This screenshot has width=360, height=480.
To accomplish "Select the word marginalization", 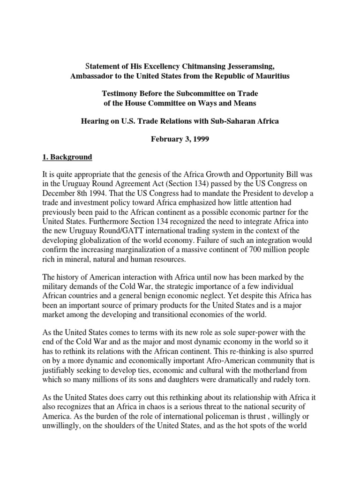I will click(x=142, y=250).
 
